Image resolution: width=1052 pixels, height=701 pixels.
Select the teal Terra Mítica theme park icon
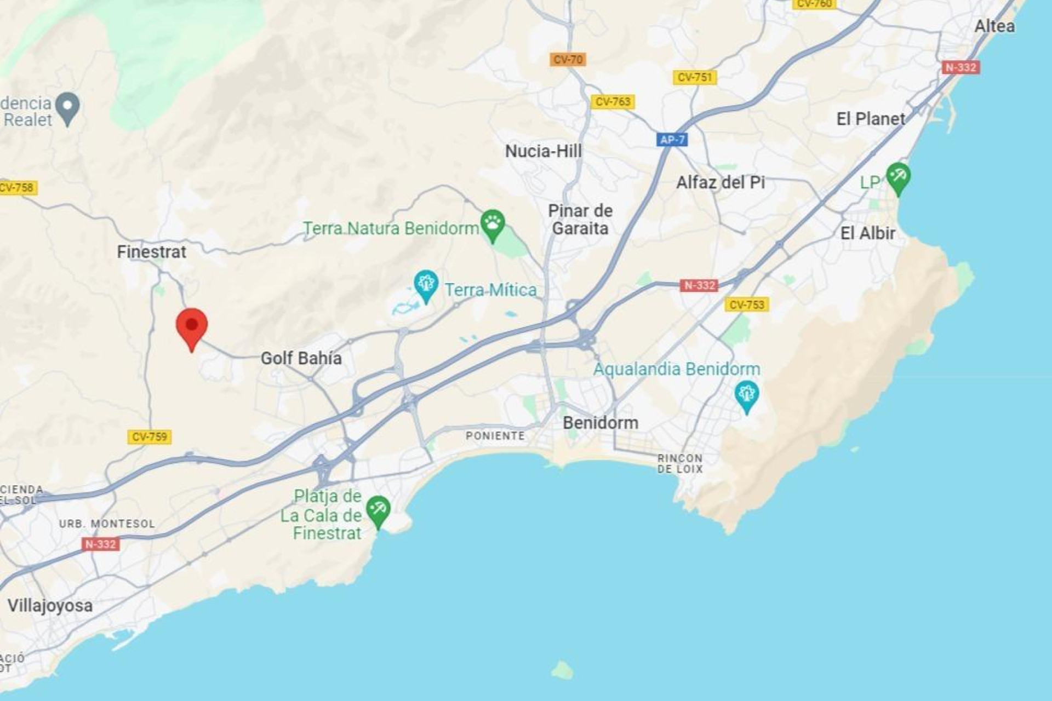(x=426, y=284)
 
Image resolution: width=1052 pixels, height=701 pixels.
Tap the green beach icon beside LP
(x=898, y=177)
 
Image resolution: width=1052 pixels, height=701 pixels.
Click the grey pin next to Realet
(x=68, y=107)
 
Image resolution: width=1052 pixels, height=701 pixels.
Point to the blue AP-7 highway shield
(x=672, y=140)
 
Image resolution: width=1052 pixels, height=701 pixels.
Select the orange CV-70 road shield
(x=568, y=59)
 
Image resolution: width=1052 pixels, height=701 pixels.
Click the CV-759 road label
(x=150, y=436)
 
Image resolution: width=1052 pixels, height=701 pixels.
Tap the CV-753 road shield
(x=746, y=304)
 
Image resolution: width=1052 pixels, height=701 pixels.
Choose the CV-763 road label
(x=613, y=101)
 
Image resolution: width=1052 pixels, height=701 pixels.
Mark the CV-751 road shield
(x=694, y=77)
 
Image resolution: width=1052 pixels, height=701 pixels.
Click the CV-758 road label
(x=18, y=188)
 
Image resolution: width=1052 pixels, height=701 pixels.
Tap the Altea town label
(x=994, y=26)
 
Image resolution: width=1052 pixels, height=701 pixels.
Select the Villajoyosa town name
(x=50, y=606)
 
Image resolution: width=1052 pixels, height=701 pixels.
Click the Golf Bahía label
(x=301, y=358)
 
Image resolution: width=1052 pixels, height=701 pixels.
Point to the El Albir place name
(x=867, y=233)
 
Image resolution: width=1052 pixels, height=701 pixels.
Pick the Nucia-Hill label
(x=543, y=151)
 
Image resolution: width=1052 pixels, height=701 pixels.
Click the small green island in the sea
(x=562, y=669)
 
